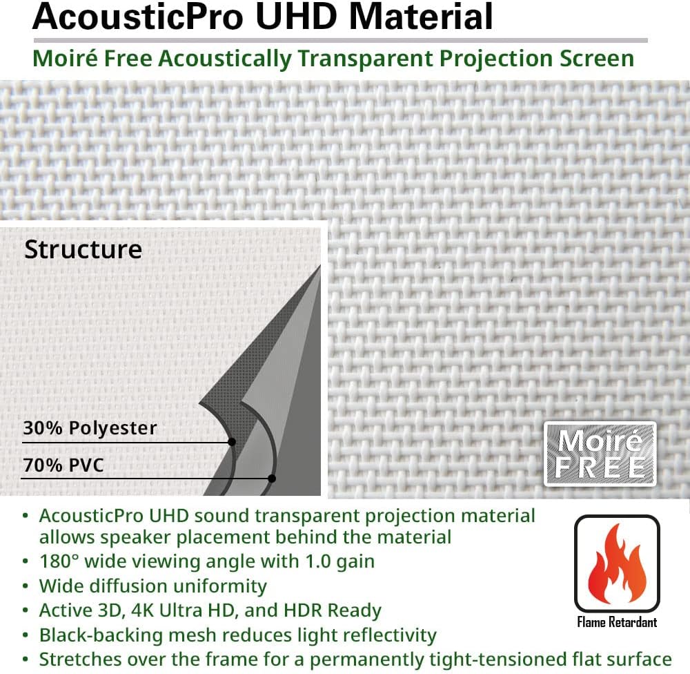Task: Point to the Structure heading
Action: tap(83, 249)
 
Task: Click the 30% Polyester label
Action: tap(90, 428)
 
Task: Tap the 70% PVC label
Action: tap(63, 465)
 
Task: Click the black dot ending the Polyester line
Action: tap(232, 442)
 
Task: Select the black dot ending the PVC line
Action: tap(272, 478)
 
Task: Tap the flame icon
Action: tap(617, 564)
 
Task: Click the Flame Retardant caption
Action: tap(617, 623)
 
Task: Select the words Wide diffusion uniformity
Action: tap(152, 586)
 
